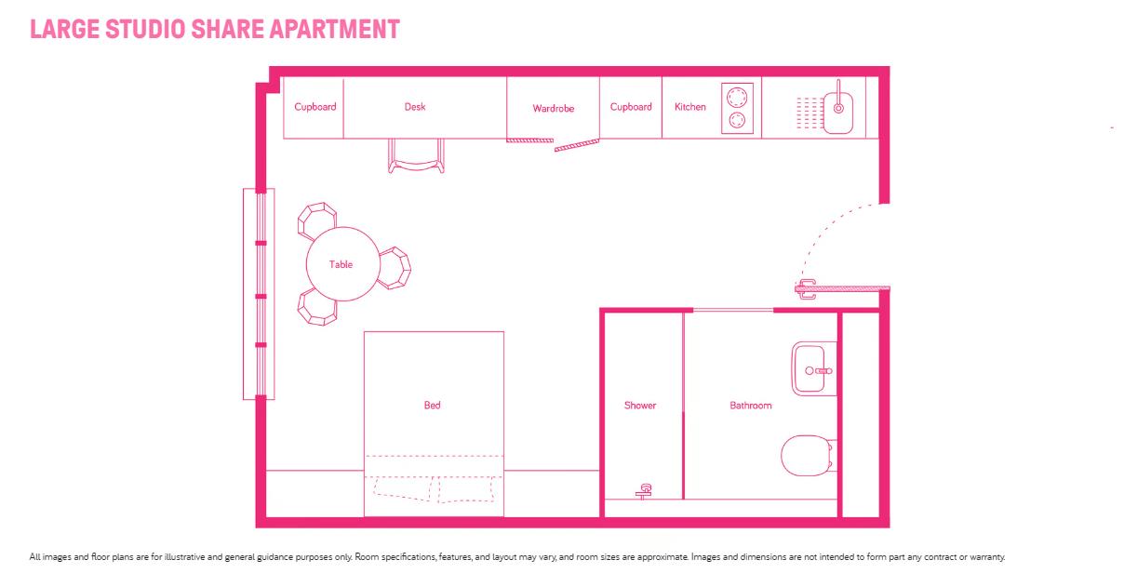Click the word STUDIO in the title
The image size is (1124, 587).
click(145, 29)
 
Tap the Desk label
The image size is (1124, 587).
click(415, 107)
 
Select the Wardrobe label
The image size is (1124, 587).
click(553, 108)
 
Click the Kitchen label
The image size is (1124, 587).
click(690, 107)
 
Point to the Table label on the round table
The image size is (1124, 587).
click(341, 264)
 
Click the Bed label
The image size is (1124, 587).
click(432, 406)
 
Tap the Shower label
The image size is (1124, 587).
click(640, 406)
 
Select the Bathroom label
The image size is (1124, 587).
click(751, 406)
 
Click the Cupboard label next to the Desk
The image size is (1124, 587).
click(315, 107)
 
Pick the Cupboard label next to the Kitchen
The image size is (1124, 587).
click(631, 107)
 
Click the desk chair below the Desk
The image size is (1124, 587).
click(416, 156)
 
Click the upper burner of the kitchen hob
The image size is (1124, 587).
click(737, 98)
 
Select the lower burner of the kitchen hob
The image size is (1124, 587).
click(737, 120)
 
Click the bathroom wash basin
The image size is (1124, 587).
click(814, 368)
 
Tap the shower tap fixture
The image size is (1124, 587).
click(644, 491)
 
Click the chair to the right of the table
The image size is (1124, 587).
click(395, 268)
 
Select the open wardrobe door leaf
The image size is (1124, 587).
click(577, 145)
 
